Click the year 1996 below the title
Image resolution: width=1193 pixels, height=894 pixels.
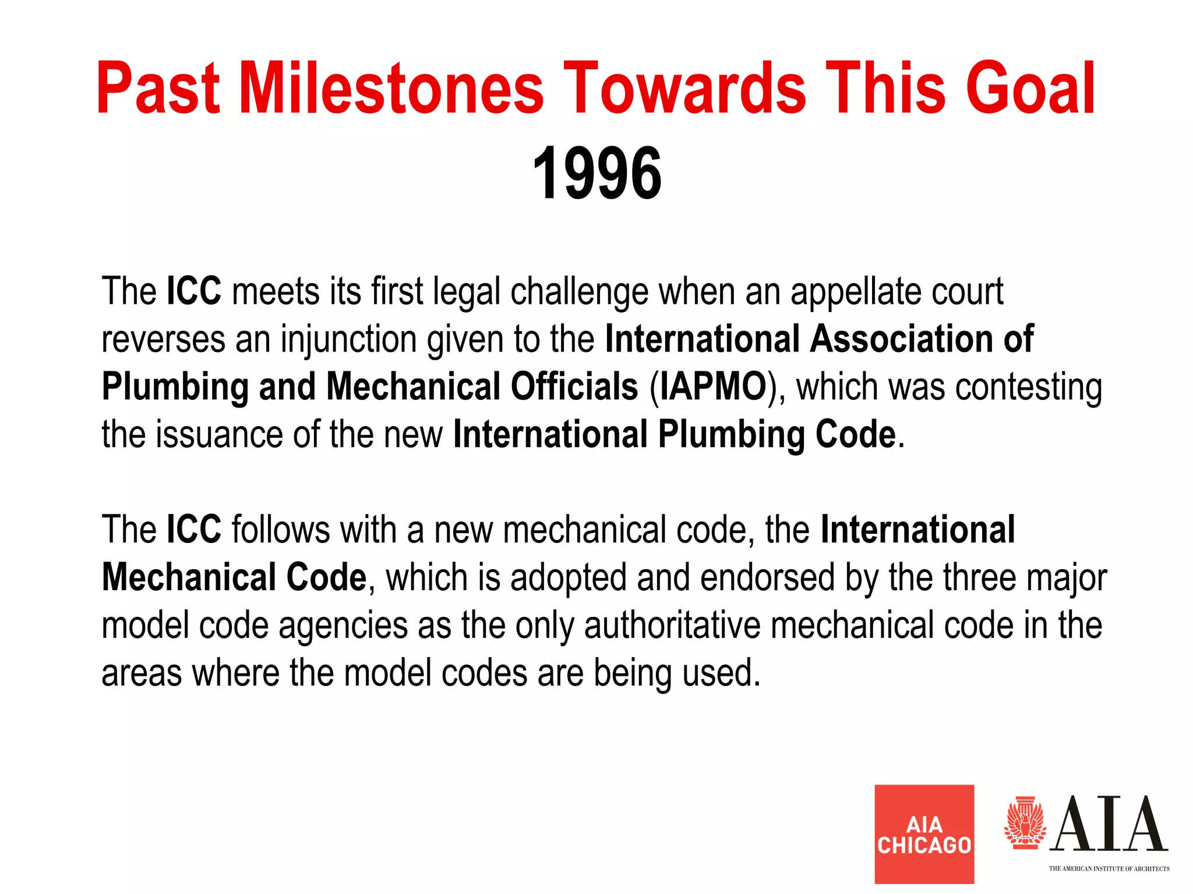tap(596, 173)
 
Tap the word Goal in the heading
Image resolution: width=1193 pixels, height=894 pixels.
tap(1030, 88)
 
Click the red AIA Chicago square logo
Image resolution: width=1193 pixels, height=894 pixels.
tap(924, 833)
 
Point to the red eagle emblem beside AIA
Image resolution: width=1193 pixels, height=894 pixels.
tap(1025, 823)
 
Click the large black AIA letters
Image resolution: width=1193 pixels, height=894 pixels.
tap(1110, 824)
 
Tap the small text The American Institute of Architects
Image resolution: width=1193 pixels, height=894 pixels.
tap(1109, 869)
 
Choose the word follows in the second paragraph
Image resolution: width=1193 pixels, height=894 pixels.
tap(281, 530)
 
